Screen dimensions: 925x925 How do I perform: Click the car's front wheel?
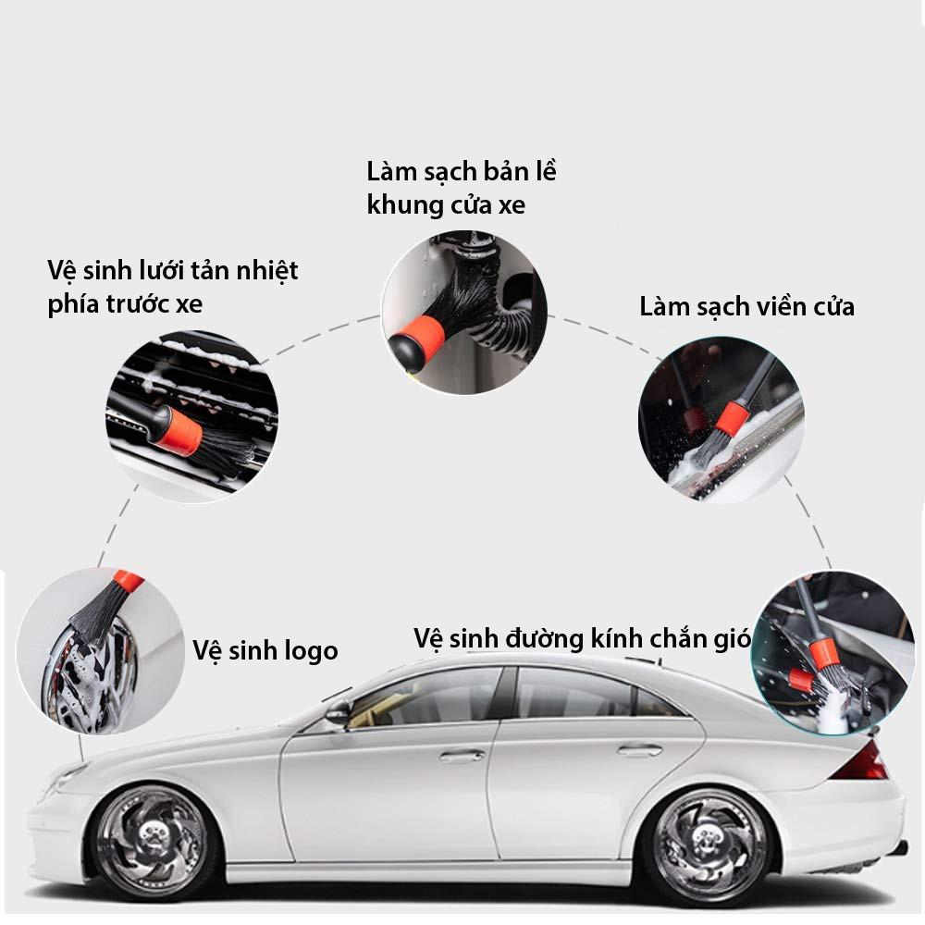tap(153, 838)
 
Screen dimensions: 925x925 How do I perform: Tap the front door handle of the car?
tap(462, 756)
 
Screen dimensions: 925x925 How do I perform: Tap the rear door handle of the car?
tap(639, 751)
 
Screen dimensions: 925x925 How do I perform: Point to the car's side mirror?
tap(339, 712)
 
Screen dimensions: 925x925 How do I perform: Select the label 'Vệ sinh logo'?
tap(265, 650)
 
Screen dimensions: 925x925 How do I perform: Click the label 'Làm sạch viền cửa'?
tap(746, 307)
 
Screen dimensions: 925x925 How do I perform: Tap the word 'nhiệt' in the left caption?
tap(267, 271)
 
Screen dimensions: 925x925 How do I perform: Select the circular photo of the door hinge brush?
tap(464, 313)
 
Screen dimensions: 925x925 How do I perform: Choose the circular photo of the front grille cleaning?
tap(191, 416)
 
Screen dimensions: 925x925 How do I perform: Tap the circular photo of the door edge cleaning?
tap(721, 419)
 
